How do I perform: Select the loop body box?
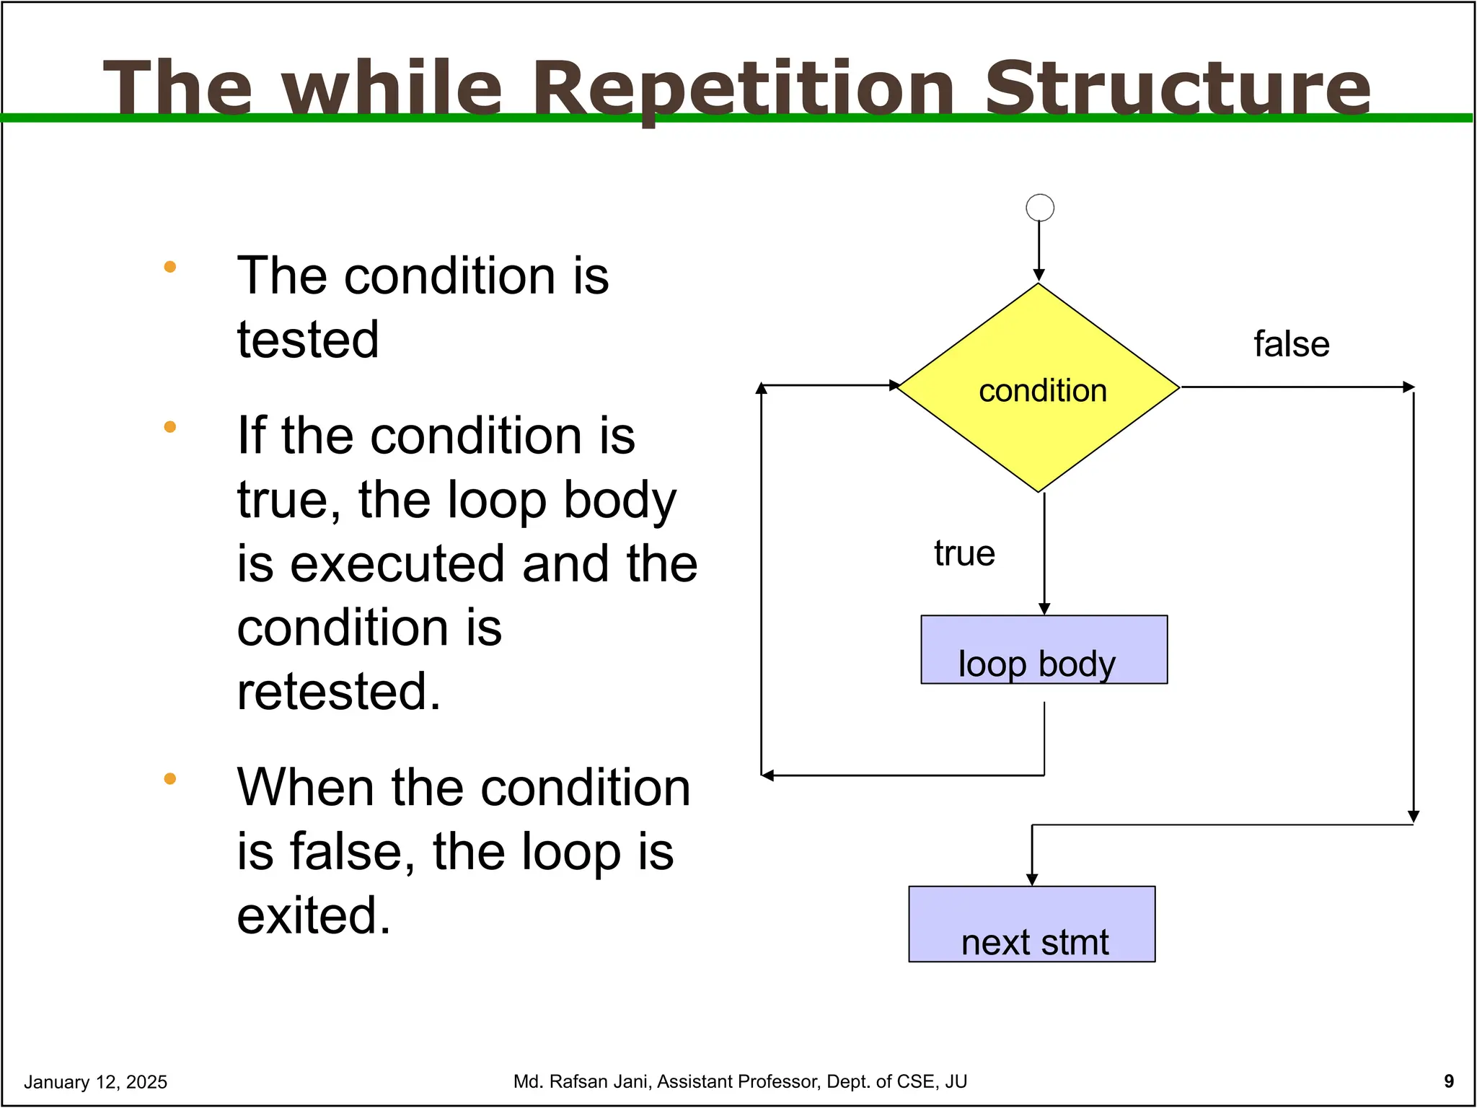coord(1044,650)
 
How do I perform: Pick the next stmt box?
coord(1032,924)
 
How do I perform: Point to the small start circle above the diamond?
coord(1039,208)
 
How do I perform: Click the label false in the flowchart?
coord(1291,344)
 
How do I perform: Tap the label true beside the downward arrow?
coord(964,554)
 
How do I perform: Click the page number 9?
coord(1449,1081)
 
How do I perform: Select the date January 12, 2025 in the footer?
coord(95,1082)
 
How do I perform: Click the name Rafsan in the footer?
coord(577,1081)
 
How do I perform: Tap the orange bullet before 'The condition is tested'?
coord(170,267)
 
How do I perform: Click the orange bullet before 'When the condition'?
coord(170,778)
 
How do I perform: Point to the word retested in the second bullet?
coord(338,691)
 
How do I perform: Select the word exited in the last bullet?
coord(313,915)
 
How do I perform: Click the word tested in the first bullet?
coord(308,340)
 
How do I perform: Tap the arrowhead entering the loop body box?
coord(1044,610)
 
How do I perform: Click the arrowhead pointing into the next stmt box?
coord(1032,880)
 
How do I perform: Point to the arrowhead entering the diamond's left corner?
coord(894,385)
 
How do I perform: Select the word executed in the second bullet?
coord(397,563)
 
